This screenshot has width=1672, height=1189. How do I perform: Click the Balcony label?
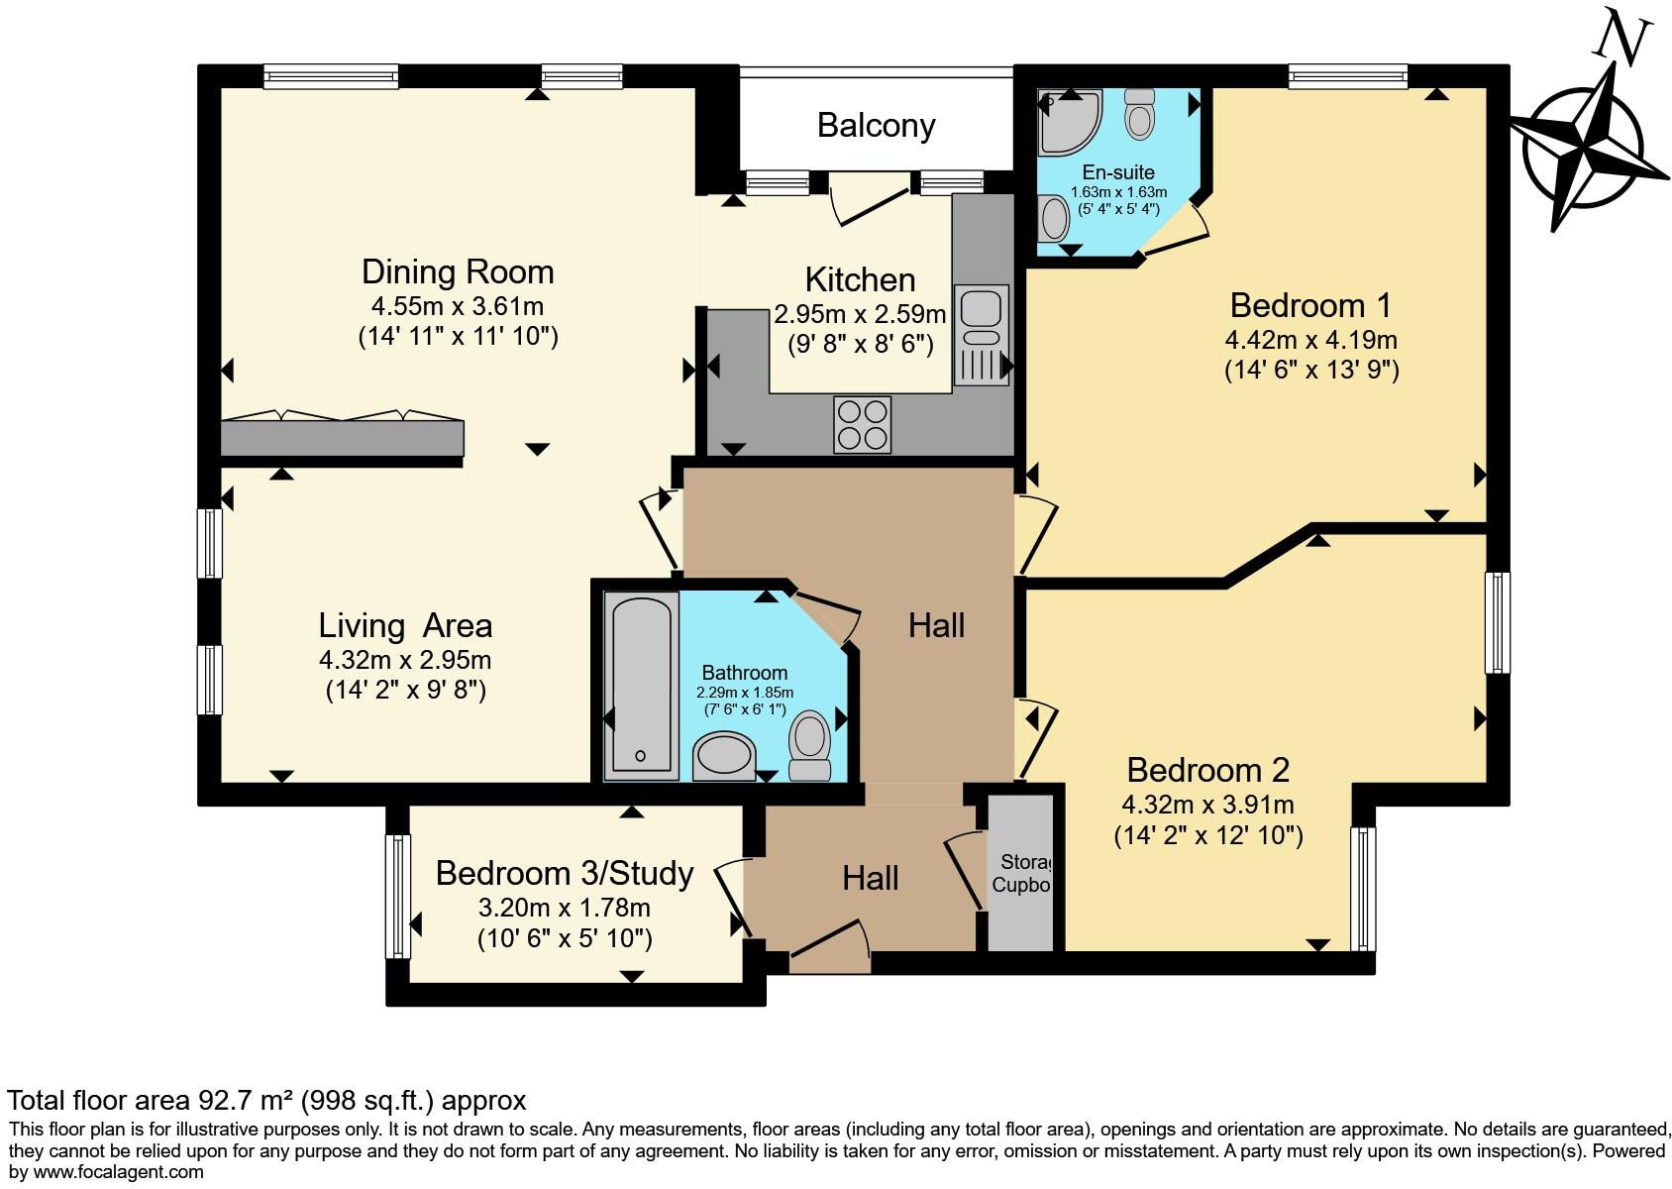(876, 126)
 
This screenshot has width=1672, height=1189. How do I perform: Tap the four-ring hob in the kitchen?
(862, 425)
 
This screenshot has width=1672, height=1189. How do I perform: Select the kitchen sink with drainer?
(981, 335)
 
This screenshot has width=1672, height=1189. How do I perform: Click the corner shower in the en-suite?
(1069, 123)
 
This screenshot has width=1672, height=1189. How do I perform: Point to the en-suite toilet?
(1139, 114)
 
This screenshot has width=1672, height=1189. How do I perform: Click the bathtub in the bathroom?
(641, 687)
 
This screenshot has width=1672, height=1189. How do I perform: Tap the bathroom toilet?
(810, 745)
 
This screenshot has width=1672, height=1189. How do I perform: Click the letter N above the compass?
(1620, 38)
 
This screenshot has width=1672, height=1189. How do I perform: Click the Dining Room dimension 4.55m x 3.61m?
(458, 306)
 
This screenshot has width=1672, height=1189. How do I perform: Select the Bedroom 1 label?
(1310, 305)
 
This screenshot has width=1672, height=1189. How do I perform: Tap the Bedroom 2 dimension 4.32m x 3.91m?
(1207, 805)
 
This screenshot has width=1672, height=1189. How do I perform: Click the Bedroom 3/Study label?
(565, 874)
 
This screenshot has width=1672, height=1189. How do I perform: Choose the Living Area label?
(405, 626)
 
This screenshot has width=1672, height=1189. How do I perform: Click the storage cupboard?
(1020, 872)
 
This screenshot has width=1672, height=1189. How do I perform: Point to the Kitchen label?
(860, 280)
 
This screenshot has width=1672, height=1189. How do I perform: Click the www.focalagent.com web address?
(118, 1172)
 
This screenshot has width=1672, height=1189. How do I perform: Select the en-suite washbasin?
(1054, 218)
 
